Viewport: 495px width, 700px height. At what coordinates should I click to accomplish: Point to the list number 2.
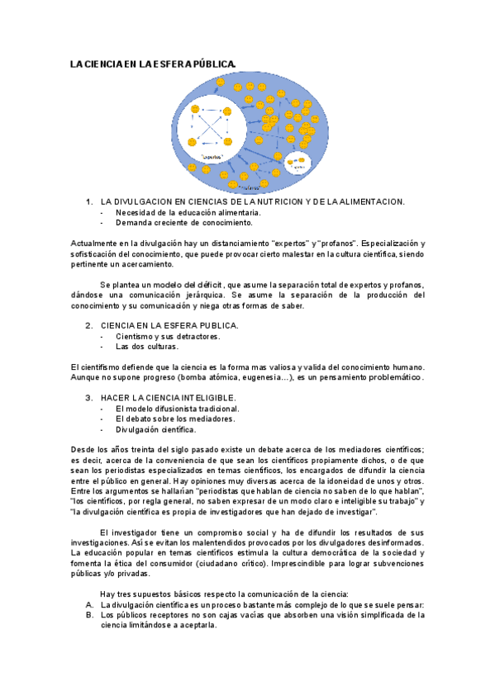[88, 325]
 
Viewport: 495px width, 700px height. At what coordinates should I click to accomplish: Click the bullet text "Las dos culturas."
[147, 347]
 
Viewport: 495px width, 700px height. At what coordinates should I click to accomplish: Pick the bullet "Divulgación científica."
[156, 429]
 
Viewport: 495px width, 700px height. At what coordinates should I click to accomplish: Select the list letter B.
[88, 615]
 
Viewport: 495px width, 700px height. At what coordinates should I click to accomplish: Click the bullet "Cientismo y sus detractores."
[168, 336]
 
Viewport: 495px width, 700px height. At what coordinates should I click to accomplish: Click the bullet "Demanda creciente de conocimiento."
[184, 223]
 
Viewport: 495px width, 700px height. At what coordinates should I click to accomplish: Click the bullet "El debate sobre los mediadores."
[175, 419]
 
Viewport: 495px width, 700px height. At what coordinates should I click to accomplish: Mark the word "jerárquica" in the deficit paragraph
[202, 296]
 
